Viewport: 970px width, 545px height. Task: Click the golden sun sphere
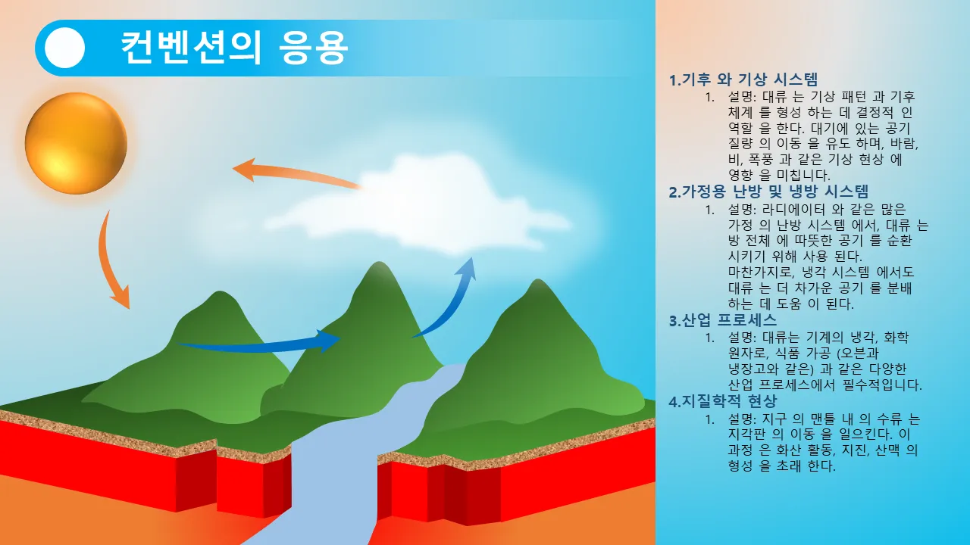tap(76, 143)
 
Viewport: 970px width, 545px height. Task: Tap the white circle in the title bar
tap(64, 48)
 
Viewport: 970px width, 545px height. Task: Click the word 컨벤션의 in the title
tap(191, 48)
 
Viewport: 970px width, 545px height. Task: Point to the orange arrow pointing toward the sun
tap(295, 173)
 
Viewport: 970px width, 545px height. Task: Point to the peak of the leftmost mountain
tap(220, 292)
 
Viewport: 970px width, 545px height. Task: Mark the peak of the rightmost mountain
tap(538, 280)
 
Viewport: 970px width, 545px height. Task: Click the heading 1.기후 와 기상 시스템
tap(743, 79)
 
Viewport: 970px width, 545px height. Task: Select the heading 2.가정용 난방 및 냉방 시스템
tap(768, 192)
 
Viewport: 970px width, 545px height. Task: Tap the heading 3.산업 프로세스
tap(723, 320)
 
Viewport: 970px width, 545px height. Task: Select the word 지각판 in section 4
tap(748, 434)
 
